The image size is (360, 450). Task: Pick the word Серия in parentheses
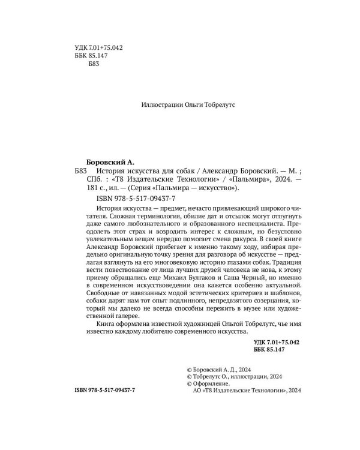(x=158, y=188)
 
